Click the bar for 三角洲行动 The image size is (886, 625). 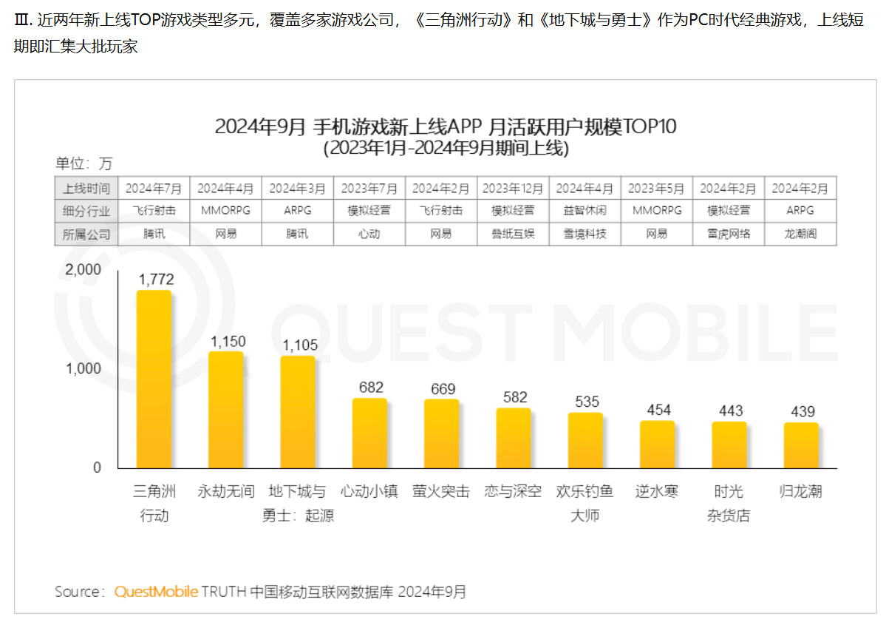154,379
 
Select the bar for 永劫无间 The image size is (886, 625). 225,410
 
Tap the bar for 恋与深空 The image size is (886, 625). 514,438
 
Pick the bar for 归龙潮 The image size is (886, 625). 801,445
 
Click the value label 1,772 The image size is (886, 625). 154,280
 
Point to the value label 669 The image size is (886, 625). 443,389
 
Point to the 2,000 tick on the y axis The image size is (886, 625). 83,270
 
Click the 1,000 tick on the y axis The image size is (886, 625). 83,369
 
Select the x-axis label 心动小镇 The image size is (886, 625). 369,491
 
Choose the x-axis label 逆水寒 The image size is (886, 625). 657,491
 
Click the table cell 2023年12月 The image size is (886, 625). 514,188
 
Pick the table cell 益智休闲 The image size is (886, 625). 585,211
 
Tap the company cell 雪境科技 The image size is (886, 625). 585,234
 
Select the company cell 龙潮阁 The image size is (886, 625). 801,234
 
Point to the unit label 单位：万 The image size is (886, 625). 84,164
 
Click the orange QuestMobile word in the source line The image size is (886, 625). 156,592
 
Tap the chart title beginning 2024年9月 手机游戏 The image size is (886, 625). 446,126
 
